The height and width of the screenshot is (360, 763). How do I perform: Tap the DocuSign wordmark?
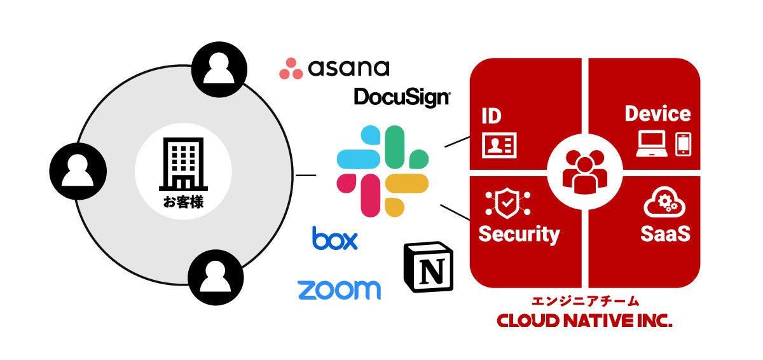tap(402, 97)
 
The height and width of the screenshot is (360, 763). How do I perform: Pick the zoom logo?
tap(339, 289)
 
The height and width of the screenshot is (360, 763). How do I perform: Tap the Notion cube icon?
tap(427, 267)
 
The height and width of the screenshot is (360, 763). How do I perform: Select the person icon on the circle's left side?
tap(78, 170)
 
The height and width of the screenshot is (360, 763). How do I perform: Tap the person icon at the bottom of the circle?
tap(216, 275)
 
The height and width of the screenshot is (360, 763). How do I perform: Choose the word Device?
tap(657, 114)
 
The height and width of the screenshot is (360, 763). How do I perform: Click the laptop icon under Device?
tap(652, 144)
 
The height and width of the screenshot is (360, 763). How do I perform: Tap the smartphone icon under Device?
tap(683, 144)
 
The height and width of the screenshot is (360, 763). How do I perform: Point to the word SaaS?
tap(665, 233)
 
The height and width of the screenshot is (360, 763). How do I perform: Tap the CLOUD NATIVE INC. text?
tap(584, 321)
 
